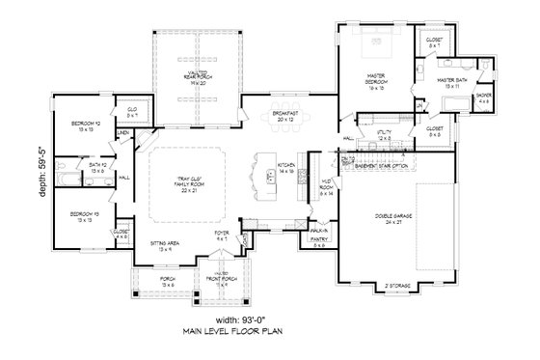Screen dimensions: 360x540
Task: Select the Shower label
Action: click(x=483, y=98)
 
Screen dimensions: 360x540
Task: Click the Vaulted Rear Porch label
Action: click(x=198, y=76)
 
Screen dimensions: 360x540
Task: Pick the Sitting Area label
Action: click(x=165, y=245)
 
